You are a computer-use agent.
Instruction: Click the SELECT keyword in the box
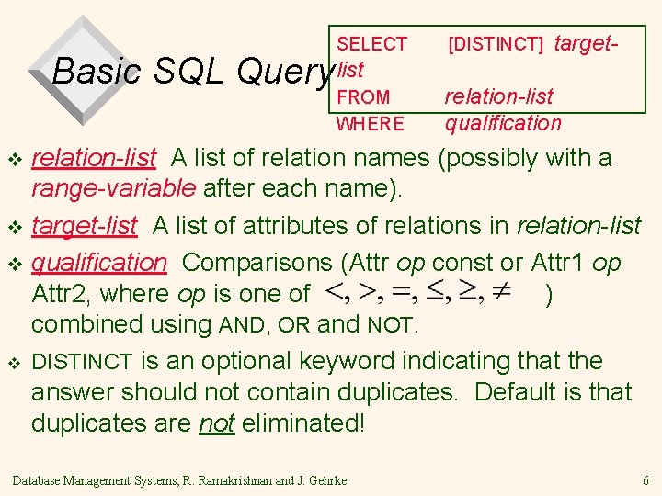[371, 44]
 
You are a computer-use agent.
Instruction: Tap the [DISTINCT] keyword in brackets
[496, 44]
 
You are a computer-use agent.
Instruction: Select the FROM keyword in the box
[363, 96]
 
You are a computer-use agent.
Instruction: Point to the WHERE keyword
[370, 123]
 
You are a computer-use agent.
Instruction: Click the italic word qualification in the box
[503, 123]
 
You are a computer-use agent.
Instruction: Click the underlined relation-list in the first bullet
[94, 158]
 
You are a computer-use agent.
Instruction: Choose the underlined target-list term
[85, 225]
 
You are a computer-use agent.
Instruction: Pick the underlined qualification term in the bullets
[99, 262]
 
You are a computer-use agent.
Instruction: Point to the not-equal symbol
[501, 293]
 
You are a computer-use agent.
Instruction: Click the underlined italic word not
[217, 423]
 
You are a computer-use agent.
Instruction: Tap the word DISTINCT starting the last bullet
[83, 361]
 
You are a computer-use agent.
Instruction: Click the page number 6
[646, 480]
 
